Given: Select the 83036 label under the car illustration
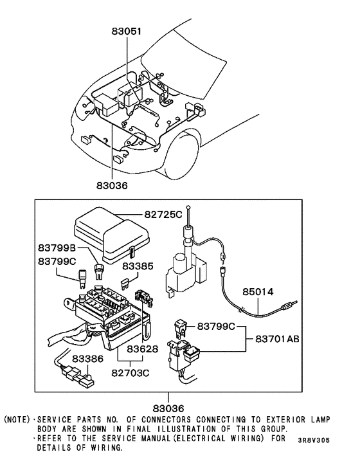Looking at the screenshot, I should coord(113,186).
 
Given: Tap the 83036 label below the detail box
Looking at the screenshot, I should coord(168,408).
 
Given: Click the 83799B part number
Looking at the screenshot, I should coord(57,248).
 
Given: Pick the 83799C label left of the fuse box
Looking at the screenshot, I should coord(57,261).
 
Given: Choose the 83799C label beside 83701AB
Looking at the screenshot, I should coord(219,325).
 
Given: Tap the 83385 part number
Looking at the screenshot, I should coord(138,265).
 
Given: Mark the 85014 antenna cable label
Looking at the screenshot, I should coord(258,291).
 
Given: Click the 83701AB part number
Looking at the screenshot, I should coord(278,338).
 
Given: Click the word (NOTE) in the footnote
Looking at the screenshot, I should coord(17,419).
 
